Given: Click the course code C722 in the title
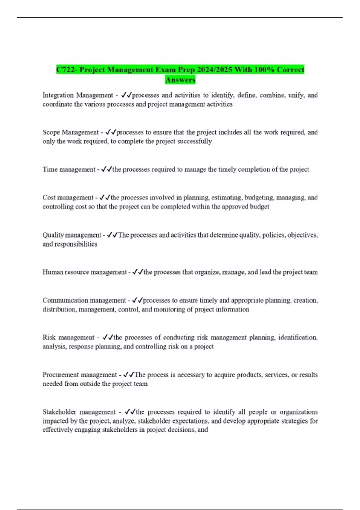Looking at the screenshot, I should (66, 70).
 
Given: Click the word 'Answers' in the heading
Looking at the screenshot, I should (180, 80).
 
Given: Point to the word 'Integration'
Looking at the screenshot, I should (58, 95).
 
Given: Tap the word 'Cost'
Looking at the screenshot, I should (49, 198).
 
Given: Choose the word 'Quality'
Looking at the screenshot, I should (53, 235).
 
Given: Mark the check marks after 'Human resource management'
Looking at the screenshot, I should (138, 272).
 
